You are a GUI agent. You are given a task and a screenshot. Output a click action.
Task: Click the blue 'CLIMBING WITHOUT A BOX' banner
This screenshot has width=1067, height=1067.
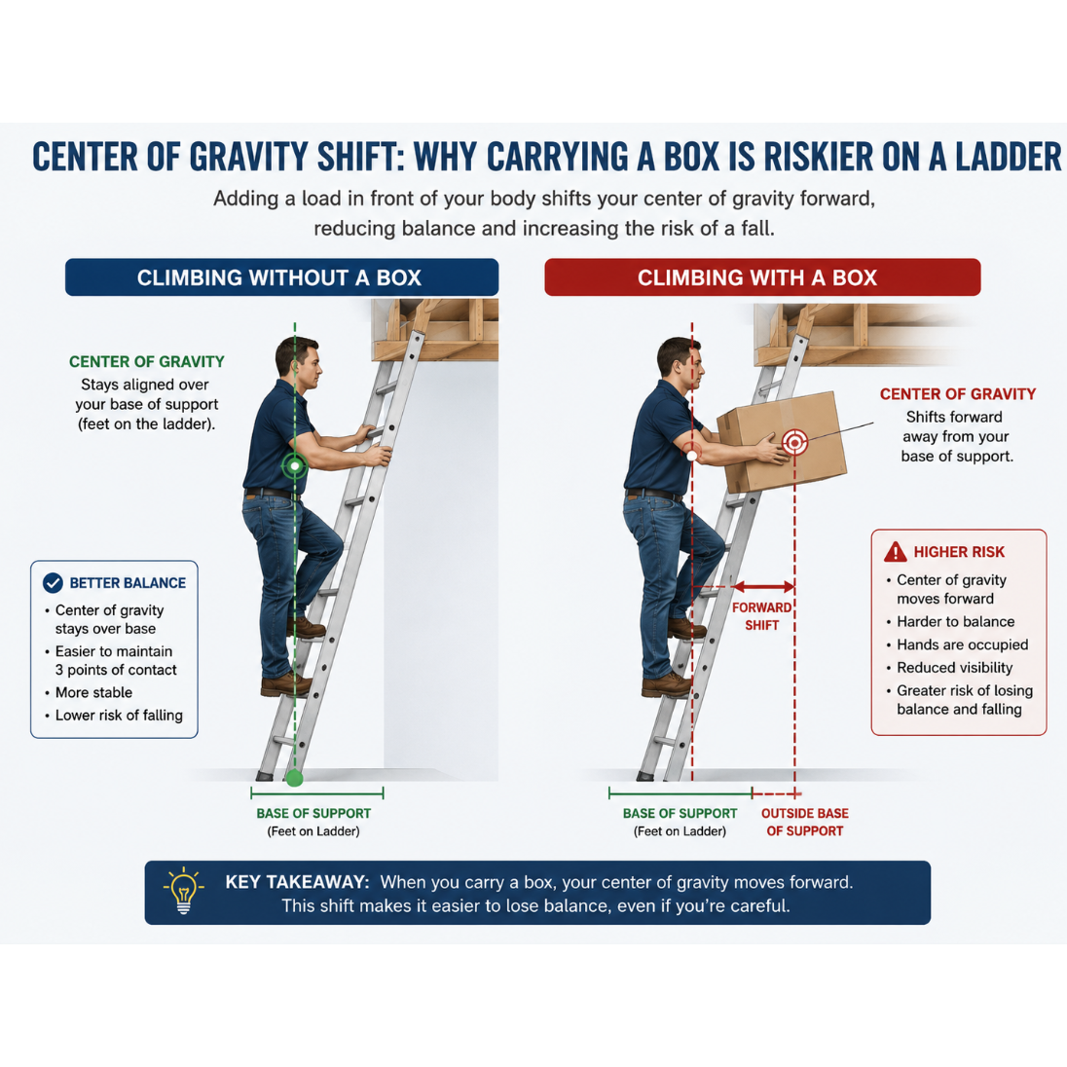tap(281, 276)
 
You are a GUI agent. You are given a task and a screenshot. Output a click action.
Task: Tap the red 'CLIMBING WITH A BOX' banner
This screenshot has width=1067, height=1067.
tap(762, 276)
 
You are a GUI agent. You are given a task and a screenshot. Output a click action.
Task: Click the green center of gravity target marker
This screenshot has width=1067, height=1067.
tap(295, 466)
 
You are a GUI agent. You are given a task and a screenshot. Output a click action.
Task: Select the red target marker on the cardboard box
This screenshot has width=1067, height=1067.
tap(794, 442)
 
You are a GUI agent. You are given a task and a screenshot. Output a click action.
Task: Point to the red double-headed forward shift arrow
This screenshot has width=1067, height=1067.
tap(763, 587)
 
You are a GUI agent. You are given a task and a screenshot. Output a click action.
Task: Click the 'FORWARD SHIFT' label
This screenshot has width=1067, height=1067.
tap(761, 616)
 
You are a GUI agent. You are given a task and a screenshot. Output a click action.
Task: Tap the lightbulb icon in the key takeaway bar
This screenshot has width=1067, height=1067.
tap(183, 891)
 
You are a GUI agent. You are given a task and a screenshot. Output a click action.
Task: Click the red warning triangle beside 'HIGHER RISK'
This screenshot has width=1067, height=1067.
tap(896, 552)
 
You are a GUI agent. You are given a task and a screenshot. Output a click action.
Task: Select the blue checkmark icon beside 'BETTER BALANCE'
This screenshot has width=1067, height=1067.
tap(54, 582)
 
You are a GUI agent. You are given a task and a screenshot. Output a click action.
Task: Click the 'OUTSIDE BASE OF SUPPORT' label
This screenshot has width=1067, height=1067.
tap(804, 822)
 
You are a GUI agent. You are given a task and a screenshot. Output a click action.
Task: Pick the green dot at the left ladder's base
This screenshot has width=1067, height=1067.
tap(294, 778)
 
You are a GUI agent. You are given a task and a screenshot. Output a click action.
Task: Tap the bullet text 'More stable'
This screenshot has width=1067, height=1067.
tap(93, 692)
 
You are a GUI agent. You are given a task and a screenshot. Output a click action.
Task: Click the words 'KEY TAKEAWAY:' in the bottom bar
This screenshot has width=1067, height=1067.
tap(297, 882)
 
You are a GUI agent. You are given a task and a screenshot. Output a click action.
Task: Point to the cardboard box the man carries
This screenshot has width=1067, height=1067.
tap(783, 442)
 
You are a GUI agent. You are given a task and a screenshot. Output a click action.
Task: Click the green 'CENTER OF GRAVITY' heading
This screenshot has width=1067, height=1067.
tap(146, 361)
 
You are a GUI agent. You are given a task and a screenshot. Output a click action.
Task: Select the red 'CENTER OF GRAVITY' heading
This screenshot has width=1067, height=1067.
tap(957, 394)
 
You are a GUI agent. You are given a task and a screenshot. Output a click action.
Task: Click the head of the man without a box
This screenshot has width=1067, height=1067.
tap(297, 363)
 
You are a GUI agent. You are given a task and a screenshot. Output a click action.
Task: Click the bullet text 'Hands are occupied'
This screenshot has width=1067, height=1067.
tap(962, 644)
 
